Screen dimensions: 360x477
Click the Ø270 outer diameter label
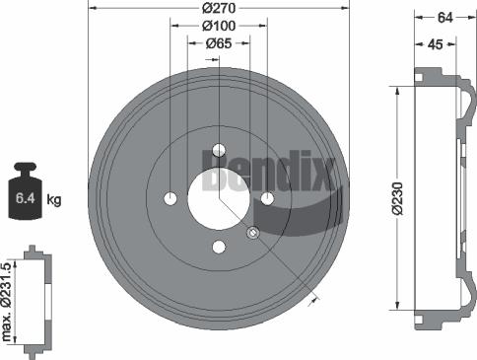click(x=219, y=9)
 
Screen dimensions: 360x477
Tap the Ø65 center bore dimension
click(x=219, y=43)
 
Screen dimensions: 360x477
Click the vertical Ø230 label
click(x=397, y=197)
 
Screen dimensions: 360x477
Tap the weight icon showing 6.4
click(x=26, y=197)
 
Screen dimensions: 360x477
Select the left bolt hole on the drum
click(x=170, y=198)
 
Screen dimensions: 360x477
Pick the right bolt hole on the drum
click(x=267, y=198)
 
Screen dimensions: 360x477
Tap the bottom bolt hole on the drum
click(x=219, y=247)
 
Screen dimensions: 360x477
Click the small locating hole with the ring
click(x=253, y=233)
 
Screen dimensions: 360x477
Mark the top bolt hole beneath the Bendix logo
click(x=219, y=153)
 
